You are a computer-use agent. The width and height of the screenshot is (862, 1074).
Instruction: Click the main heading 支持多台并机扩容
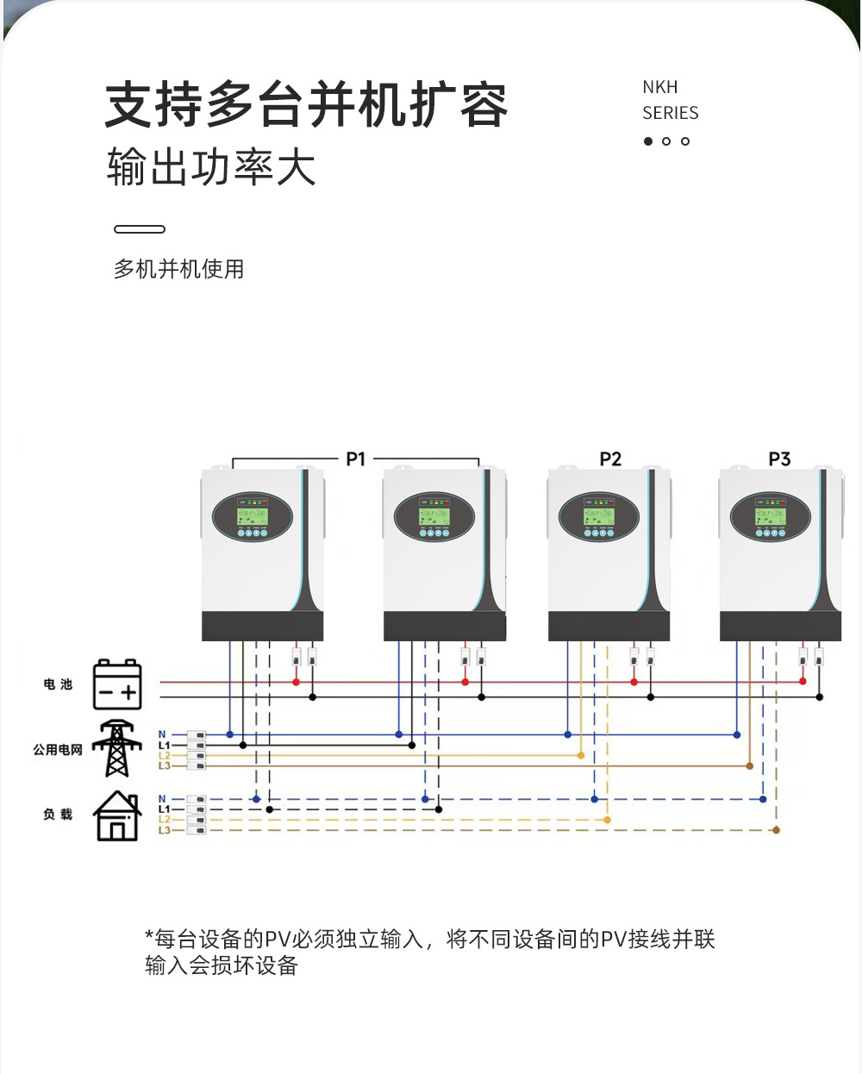306,106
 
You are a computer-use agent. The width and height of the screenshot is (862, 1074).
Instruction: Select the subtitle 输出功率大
211,167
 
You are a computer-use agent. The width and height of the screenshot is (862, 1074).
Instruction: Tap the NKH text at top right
659,87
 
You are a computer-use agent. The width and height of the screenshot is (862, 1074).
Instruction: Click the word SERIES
670,113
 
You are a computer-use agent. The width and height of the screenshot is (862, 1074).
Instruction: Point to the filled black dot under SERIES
648,141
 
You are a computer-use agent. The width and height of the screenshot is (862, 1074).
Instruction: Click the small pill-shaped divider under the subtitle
140,229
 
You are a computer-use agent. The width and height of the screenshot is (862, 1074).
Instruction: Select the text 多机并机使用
178,269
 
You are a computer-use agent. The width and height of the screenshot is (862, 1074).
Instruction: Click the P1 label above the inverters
355,459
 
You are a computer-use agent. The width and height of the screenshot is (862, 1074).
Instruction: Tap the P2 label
610,459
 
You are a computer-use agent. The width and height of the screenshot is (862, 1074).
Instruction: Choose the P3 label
779,459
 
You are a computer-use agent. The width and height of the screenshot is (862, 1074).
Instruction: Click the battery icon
117,685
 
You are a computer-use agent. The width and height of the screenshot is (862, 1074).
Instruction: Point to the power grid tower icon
117,748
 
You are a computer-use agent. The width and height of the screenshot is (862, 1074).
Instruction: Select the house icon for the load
117,815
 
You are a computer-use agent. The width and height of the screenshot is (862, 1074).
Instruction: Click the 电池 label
58,684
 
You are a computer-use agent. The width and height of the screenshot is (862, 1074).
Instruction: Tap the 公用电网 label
58,750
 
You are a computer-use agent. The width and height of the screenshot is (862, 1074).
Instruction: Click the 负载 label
58,815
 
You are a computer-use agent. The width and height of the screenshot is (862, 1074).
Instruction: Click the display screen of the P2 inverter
598,517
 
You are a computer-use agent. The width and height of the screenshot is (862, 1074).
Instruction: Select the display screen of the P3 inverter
770,517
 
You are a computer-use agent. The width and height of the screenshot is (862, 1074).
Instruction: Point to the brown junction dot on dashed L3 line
776,830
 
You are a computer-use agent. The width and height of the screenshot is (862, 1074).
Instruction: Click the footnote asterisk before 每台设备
149,936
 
